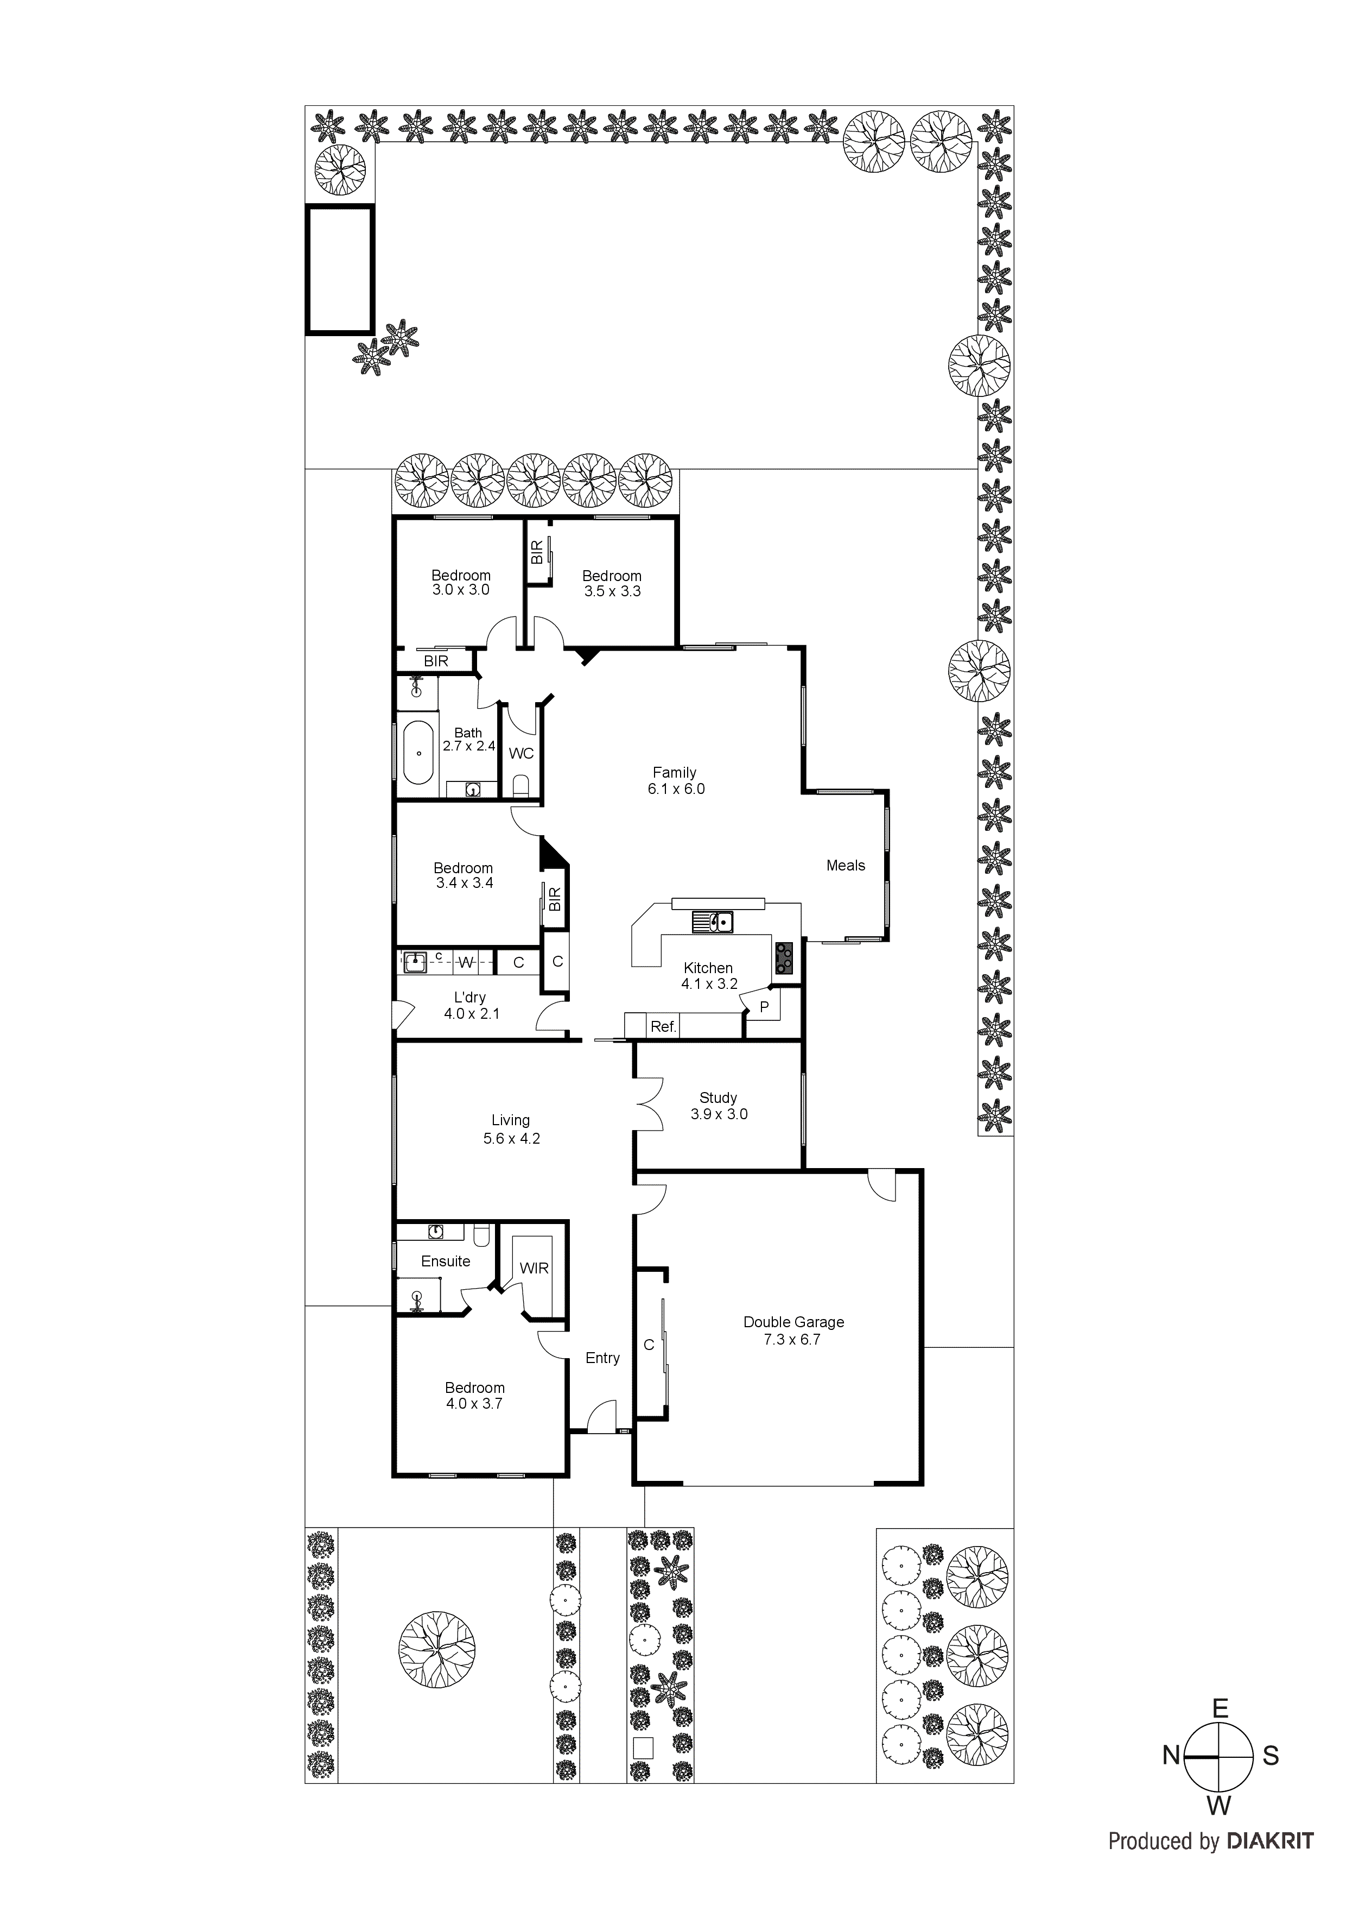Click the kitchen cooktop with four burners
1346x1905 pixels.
click(x=784, y=958)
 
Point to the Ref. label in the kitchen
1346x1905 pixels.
click(x=663, y=1027)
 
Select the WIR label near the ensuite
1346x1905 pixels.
click(x=534, y=1268)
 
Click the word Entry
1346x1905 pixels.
click(x=602, y=1358)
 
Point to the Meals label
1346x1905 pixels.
click(x=845, y=866)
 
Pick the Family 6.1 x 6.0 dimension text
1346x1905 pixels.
click(x=675, y=789)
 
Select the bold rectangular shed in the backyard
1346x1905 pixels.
click(x=340, y=270)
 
